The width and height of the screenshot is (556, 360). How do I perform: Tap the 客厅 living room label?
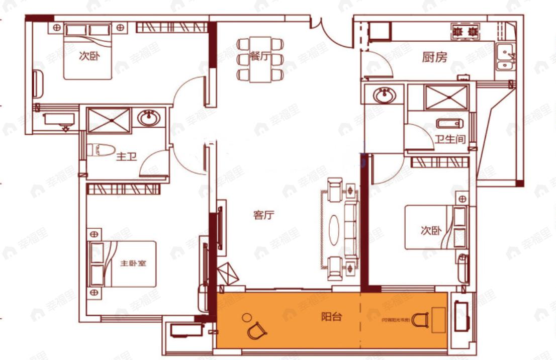(263, 216)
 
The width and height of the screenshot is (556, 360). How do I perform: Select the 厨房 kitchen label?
(434, 58)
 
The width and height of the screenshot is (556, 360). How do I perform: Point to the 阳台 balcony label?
(332, 317)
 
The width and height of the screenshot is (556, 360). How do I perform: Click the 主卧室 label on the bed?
(133, 263)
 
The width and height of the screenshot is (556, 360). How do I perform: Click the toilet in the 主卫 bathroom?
(98, 150)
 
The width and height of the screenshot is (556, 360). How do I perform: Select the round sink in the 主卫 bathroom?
(149, 119)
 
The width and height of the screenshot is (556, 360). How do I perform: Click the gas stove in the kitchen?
(466, 32)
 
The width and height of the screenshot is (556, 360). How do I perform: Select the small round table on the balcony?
(246, 317)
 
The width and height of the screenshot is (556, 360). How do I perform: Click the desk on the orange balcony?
(438, 320)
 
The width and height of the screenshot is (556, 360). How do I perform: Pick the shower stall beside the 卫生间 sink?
(446, 98)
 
